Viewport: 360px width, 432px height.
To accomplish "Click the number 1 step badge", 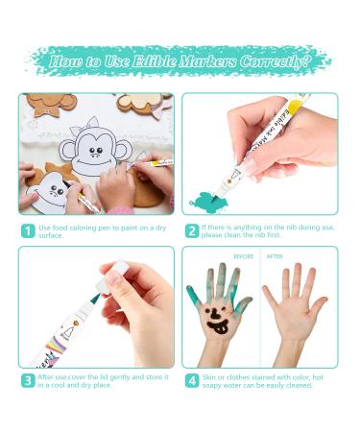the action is (x=28, y=231).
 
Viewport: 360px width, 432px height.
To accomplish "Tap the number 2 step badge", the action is (x=192, y=231).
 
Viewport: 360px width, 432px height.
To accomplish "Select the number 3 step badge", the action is (x=28, y=381).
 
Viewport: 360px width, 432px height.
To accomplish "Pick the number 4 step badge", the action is (x=192, y=381).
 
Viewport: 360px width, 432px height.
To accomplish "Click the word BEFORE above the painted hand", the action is (x=244, y=256).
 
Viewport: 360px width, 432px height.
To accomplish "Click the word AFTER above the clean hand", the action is (x=275, y=256).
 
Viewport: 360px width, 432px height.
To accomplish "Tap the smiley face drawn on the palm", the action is (x=217, y=321).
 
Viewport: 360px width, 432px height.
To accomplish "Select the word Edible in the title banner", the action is (x=154, y=61).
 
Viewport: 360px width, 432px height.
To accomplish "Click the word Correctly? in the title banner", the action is (x=275, y=61).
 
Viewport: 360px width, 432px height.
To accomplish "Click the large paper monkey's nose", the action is (x=95, y=156).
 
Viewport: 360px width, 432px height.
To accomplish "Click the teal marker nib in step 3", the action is (x=95, y=299).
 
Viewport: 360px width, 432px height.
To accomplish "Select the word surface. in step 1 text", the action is (x=51, y=235).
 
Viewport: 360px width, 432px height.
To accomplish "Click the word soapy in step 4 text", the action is (x=212, y=386).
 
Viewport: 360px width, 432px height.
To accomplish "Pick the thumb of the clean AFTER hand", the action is (x=319, y=305).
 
